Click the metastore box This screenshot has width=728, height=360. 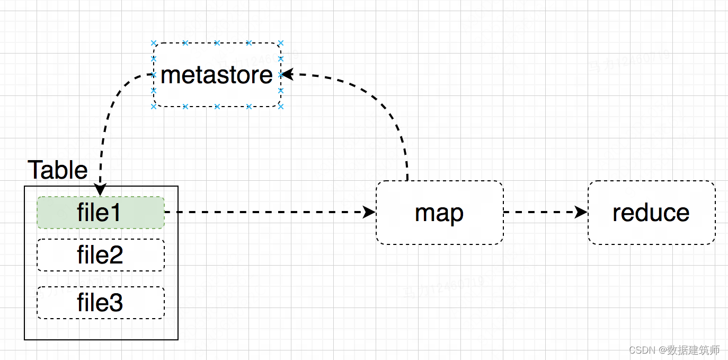pos(217,75)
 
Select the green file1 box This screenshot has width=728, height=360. pos(101,213)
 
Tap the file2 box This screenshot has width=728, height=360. pos(101,255)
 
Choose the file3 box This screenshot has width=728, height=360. pos(101,303)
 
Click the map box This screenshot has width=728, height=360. pos(439,213)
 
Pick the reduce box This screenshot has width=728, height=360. pos(651,213)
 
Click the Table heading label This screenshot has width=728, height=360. pos(57,170)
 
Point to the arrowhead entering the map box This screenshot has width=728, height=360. pos(370,213)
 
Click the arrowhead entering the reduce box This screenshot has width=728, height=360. pos(582,213)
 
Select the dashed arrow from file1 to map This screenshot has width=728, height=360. pos(265,213)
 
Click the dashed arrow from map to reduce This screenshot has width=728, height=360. pos(540,213)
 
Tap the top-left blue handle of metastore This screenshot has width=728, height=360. pos(154,43)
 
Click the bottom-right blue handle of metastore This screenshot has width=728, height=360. pos(281,107)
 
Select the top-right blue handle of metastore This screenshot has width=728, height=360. pos(281,43)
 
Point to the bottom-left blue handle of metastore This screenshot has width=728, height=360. pos(154,107)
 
